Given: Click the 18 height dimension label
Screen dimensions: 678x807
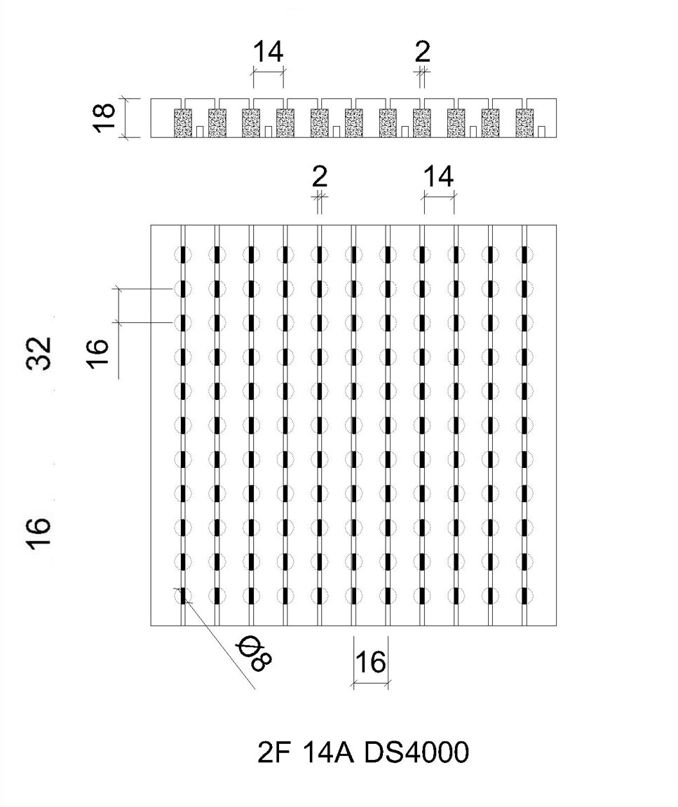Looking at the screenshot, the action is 105,118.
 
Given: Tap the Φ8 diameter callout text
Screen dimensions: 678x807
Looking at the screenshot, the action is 254,653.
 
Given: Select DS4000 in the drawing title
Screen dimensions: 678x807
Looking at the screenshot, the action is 416,752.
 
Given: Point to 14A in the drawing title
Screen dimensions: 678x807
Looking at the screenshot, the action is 327,752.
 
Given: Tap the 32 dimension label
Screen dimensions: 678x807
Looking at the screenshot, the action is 39,353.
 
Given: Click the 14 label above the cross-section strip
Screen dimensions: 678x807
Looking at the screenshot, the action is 268,51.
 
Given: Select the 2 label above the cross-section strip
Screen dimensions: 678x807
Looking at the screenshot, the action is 423,51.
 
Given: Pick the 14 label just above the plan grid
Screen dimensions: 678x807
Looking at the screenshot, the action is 438,177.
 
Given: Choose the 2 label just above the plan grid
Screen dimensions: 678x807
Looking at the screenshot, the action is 320,177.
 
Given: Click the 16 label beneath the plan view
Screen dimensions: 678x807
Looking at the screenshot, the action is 370,662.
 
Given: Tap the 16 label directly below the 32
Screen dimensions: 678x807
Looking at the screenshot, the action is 39,533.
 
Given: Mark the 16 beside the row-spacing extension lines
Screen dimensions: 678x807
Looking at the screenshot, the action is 98,353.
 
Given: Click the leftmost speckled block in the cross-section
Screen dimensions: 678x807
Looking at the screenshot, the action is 183,123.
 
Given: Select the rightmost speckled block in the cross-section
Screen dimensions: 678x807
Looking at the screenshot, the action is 524,123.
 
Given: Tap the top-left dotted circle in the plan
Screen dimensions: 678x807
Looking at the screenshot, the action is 183,254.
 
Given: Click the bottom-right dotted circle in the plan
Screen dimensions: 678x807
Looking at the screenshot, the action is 524,596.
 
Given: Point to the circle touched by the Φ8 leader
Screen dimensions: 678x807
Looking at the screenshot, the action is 183,596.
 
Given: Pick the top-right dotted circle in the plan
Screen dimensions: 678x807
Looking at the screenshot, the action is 524,254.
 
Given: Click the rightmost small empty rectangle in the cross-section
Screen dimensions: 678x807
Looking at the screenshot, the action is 541,132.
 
